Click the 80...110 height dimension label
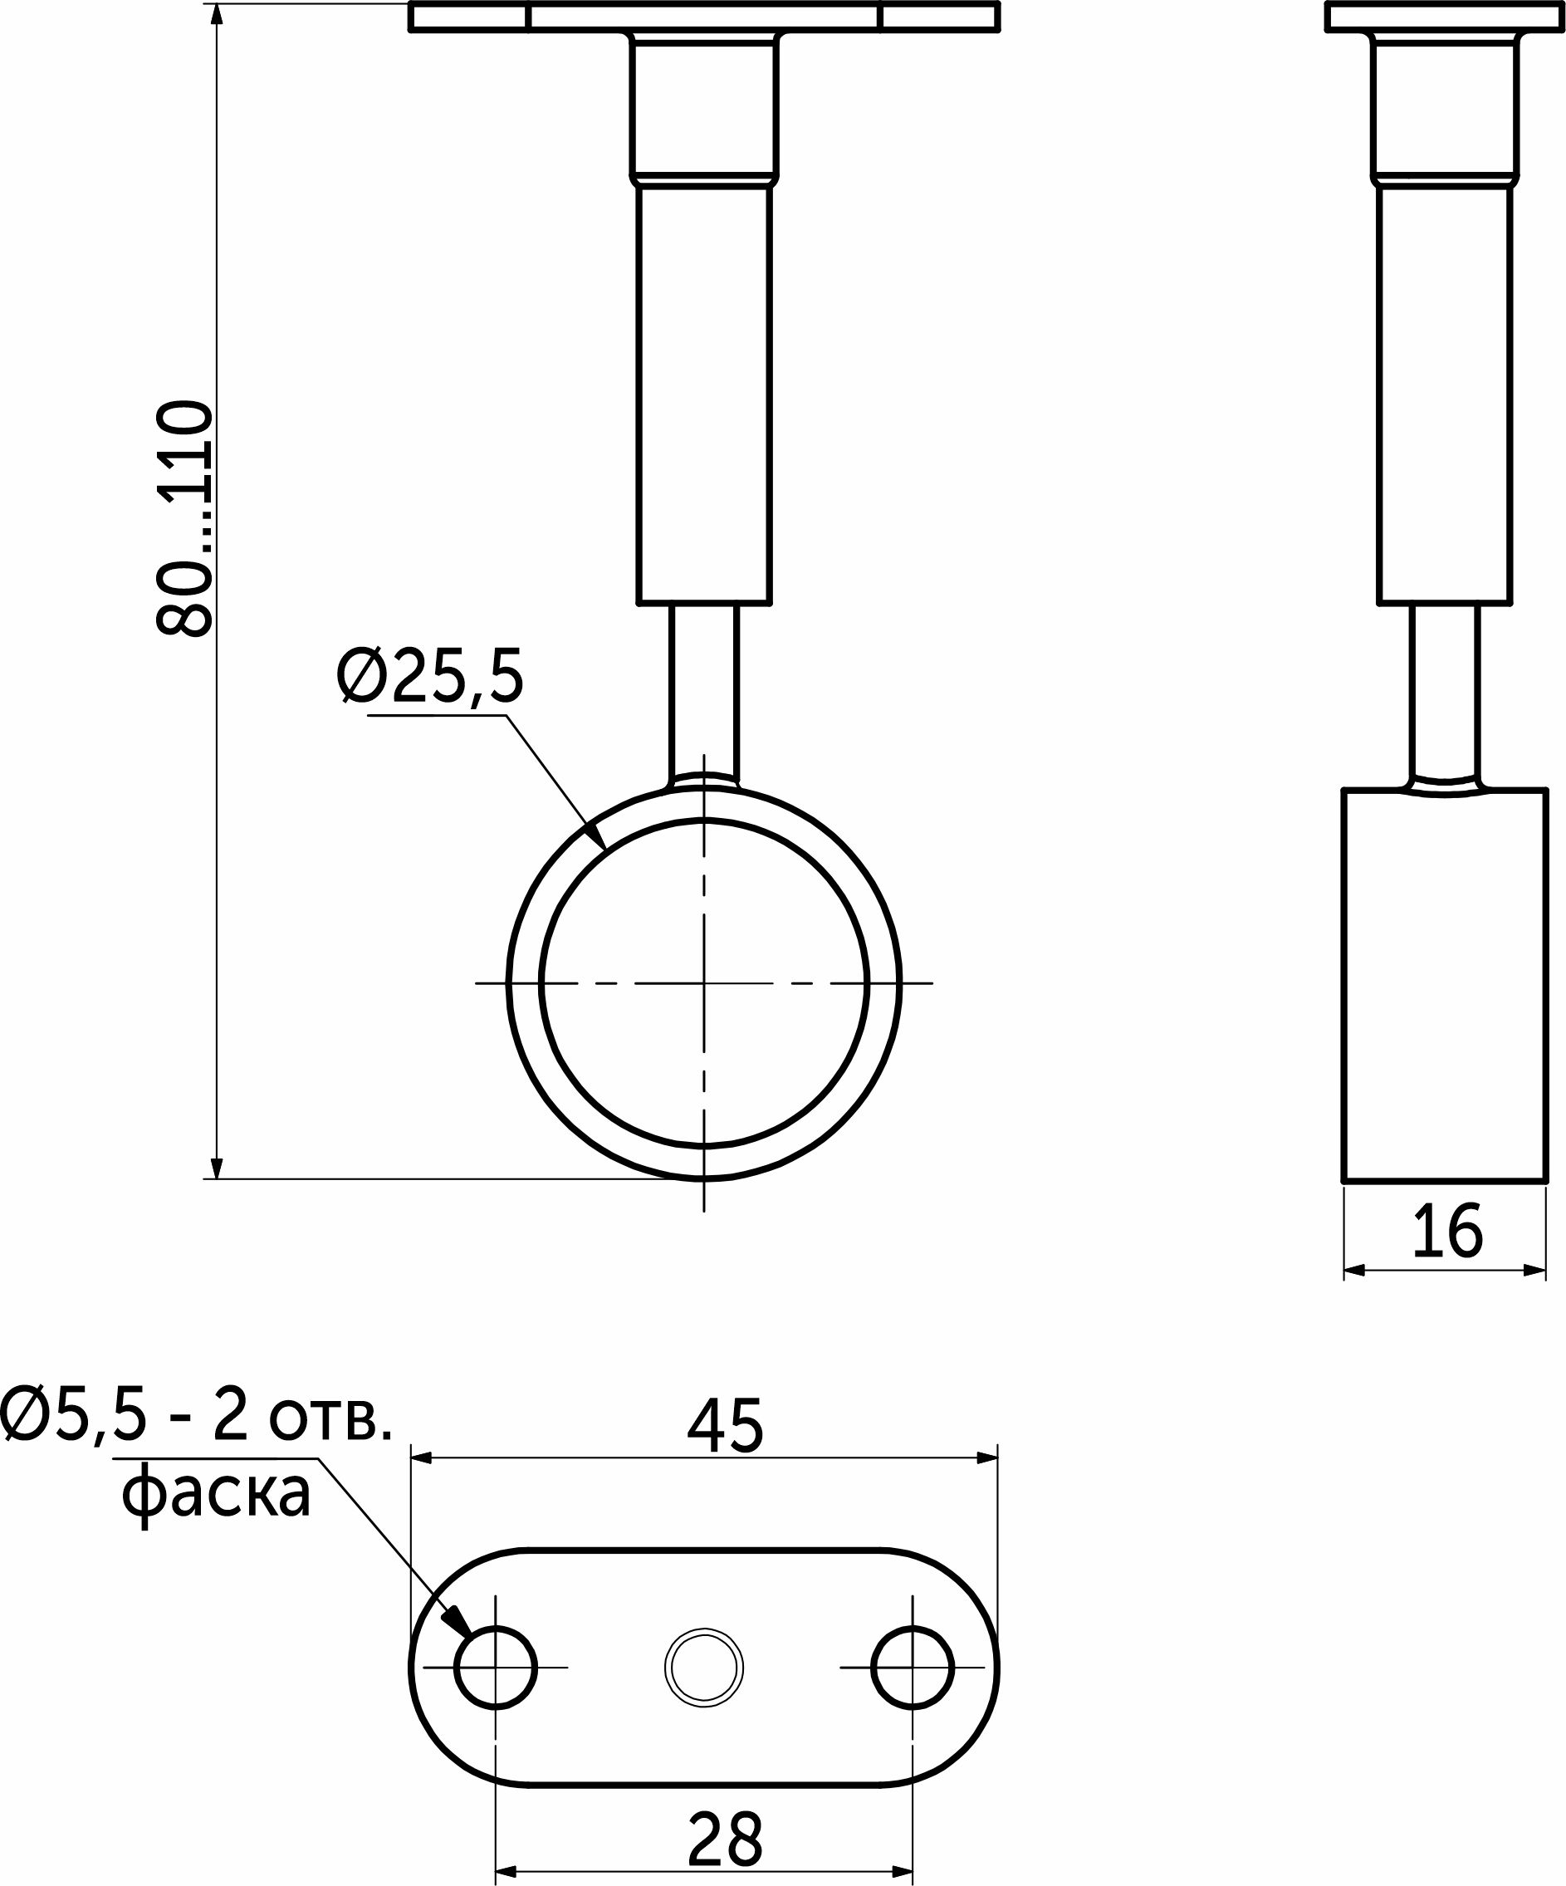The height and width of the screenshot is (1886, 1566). (185, 519)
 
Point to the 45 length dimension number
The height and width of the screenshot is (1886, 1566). (725, 1425)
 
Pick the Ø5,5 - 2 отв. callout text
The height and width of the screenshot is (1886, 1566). (196, 1416)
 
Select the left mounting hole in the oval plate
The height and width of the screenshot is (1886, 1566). (496, 1668)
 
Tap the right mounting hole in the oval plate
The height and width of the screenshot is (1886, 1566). (913, 1668)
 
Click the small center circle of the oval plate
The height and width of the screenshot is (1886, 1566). (704, 1668)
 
